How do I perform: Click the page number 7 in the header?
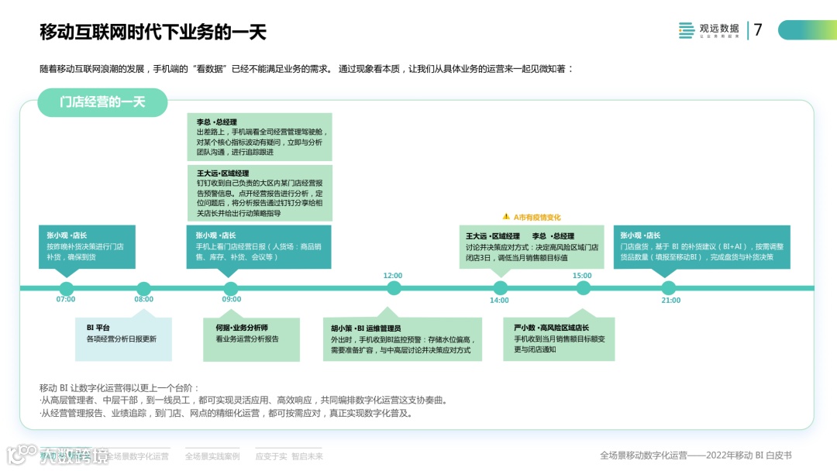point(758,30)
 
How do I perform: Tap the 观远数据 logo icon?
point(687,30)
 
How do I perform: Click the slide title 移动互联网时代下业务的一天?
point(153,32)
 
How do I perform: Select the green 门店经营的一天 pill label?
point(102,101)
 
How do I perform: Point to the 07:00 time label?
point(66,299)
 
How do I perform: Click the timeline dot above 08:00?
point(143,288)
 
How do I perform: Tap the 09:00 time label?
point(231,299)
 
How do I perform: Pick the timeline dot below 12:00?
point(394,288)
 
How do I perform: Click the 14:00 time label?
point(499,300)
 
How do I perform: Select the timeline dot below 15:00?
point(583,288)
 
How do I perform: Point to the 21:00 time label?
point(670,300)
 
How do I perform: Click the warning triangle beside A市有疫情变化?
point(506,217)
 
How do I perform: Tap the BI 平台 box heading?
point(98,328)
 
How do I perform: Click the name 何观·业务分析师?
point(242,328)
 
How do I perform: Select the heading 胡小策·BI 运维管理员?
point(366,328)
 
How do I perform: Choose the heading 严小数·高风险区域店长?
point(551,328)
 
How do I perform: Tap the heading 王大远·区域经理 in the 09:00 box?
point(222,174)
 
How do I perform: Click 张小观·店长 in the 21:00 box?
point(640,235)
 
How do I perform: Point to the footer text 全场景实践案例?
point(212,456)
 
